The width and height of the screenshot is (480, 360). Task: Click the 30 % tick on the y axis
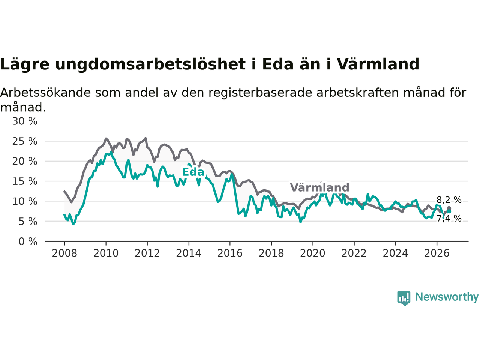point(25,121)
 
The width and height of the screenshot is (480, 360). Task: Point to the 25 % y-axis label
point(25,141)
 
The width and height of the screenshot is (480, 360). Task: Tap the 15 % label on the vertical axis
point(25,181)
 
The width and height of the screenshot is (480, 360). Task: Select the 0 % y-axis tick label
point(28,241)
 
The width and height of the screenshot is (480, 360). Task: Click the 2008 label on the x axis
point(64,253)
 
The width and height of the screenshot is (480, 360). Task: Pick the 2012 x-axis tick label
point(147,253)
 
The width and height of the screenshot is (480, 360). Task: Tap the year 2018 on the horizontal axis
point(271,253)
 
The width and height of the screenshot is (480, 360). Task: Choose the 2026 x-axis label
point(437,253)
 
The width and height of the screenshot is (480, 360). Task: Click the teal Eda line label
point(193,172)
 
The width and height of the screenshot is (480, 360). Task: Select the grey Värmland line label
point(319,187)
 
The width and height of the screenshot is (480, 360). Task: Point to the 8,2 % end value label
point(449,200)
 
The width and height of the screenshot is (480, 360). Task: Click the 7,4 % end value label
point(449,218)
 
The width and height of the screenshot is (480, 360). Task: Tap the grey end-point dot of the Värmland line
point(449,208)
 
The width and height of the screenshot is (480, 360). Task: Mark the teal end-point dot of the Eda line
point(449,211)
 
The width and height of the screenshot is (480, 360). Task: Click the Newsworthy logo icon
point(403,298)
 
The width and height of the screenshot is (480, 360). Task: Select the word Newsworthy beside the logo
point(447,297)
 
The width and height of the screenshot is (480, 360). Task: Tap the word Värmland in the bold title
point(378,64)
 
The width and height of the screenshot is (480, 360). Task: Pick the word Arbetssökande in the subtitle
point(45,93)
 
